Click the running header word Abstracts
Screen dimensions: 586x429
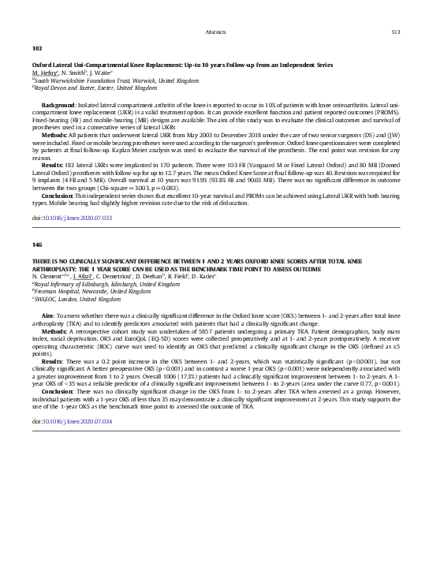click(215, 32)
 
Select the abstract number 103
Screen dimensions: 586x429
click(36, 49)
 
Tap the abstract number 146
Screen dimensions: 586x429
click(36, 245)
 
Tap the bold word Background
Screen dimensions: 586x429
click(59, 104)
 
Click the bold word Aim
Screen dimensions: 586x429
click(47, 314)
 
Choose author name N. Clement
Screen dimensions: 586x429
click(50, 277)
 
